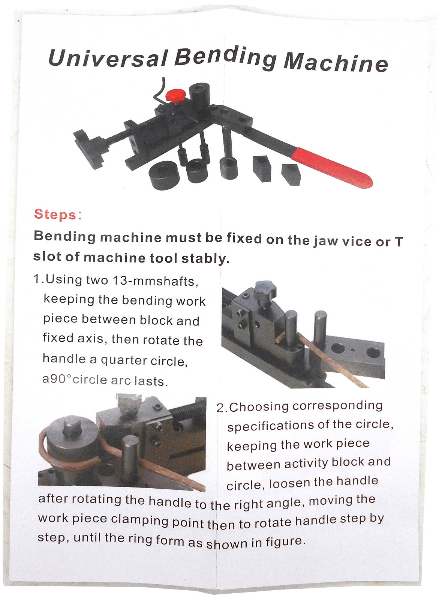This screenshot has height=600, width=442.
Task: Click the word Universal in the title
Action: point(108,58)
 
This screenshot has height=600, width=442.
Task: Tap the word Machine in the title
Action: point(336,62)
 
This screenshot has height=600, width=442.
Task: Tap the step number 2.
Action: point(220,408)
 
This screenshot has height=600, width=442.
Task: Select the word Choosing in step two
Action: point(259,407)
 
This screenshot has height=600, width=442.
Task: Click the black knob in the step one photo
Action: point(265,291)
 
